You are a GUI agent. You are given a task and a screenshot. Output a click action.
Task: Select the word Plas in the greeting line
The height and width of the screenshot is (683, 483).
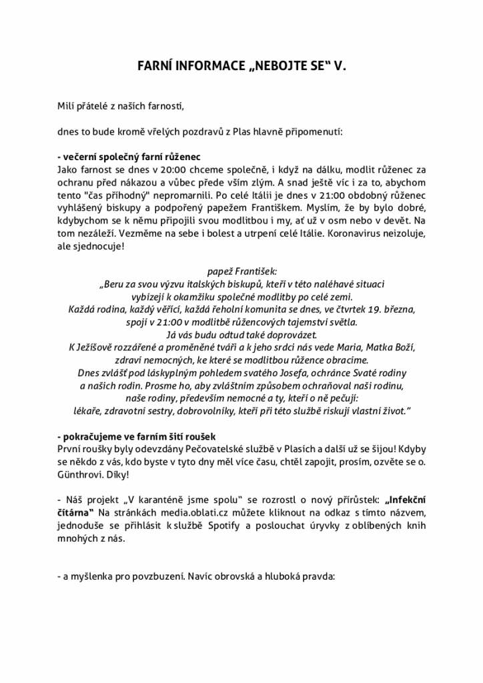point(244,132)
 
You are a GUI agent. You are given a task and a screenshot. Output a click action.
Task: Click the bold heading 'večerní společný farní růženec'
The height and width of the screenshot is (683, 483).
point(129,157)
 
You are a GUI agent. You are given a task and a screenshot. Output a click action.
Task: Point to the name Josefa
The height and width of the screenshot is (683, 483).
point(302,372)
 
